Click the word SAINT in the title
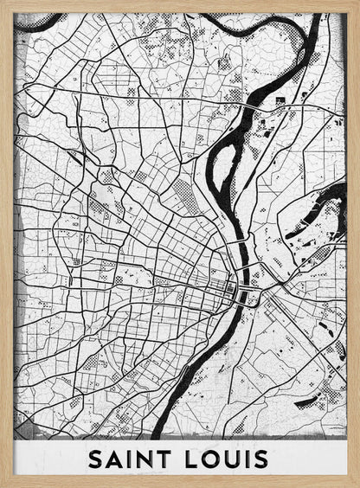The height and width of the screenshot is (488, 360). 131,459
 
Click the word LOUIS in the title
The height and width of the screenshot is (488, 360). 225,459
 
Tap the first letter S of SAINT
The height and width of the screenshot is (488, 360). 95,459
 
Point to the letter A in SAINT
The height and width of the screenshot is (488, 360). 114,459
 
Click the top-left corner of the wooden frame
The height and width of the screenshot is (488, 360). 3,3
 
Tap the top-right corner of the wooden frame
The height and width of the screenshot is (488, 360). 357,3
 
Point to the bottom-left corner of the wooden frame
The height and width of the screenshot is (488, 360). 3,485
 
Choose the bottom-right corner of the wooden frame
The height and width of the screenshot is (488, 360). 357,485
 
